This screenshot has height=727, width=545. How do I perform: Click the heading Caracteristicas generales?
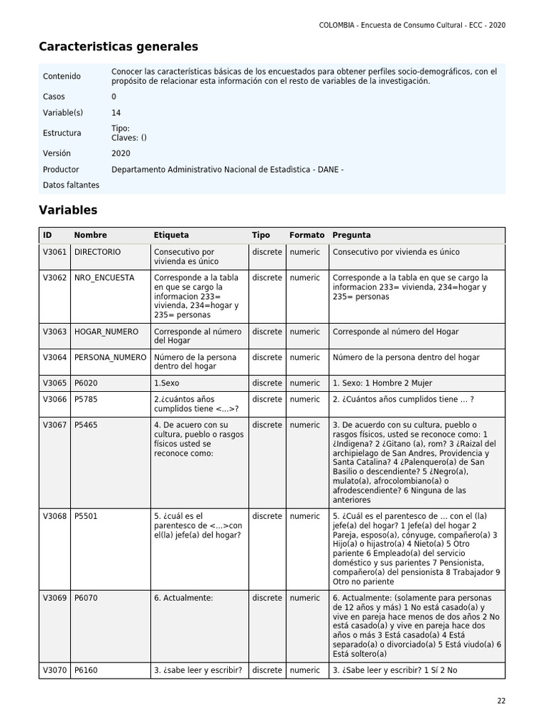[x=119, y=47]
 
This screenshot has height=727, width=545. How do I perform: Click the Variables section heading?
[x=67, y=210]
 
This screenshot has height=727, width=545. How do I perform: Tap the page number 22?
[x=501, y=701]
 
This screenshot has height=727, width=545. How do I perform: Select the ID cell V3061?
[x=55, y=252]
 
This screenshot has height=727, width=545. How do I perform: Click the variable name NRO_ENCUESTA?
[x=104, y=278]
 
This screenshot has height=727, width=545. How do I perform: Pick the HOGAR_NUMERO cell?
[x=106, y=332]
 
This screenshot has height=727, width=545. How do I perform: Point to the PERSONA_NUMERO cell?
[x=110, y=357]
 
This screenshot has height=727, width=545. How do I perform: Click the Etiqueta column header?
[x=171, y=235]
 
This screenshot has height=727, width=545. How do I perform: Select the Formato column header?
[x=307, y=235]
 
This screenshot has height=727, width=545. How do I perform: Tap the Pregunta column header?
[x=351, y=235]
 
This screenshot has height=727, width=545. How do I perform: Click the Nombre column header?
[x=90, y=235]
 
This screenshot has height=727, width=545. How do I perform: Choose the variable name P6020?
[x=86, y=383]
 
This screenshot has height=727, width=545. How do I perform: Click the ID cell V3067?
[x=55, y=425]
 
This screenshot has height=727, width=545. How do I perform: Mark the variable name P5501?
[x=86, y=516]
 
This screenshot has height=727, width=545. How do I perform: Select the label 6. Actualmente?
[x=183, y=598]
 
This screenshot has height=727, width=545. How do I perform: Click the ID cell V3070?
[x=55, y=669]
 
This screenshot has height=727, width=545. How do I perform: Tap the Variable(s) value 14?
[x=116, y=113]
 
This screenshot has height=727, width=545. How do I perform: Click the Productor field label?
[x=61, y=170]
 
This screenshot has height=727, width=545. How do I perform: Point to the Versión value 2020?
[x=121, y=153]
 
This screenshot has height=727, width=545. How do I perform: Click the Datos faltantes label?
[x=71, y=185]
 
